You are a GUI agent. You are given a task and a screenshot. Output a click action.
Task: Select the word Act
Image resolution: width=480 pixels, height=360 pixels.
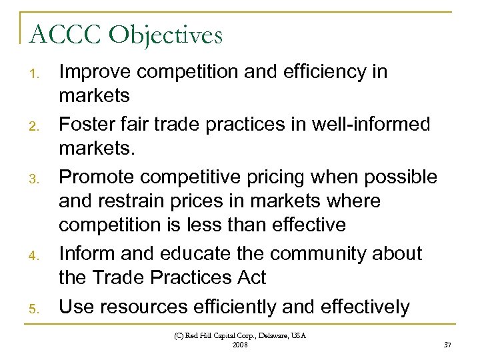(255, 276)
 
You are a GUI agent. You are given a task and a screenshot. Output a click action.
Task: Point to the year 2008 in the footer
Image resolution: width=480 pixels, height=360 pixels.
(239, 345)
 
